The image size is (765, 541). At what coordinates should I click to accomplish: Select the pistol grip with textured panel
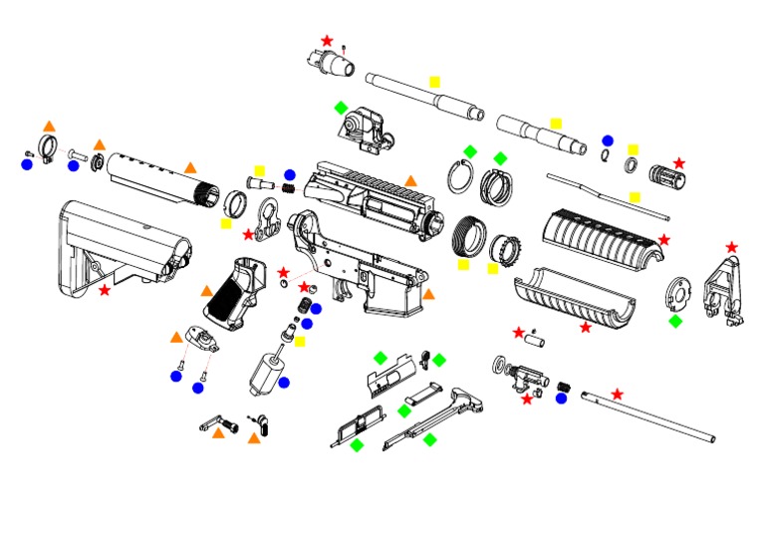coord(236,293)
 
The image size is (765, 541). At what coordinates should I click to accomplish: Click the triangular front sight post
coord(724,289)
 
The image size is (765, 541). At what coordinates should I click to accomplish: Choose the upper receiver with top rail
coord(374,198)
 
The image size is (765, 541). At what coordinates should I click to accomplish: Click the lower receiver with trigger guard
coord(359,264)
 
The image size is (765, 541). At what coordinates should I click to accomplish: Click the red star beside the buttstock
coord(105,290)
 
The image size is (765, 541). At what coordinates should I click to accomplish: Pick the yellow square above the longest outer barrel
coord(434,81)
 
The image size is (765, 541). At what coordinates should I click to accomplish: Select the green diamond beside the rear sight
coord(341,107)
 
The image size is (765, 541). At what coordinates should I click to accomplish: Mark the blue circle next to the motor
coord(284,382)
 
